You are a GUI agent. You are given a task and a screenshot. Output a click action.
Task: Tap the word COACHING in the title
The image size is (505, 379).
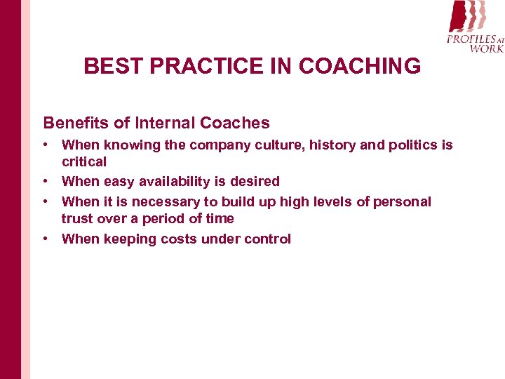click(x=360, y=67)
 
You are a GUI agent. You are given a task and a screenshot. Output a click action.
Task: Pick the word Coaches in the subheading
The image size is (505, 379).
click(x=235, y=123)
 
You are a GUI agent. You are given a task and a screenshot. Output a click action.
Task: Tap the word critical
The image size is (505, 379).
click(x=84, y=162)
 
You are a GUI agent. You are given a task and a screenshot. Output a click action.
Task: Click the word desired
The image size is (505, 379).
click(x=255, y=182)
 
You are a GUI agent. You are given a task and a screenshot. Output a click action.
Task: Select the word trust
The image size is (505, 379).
click(x=76, y=219)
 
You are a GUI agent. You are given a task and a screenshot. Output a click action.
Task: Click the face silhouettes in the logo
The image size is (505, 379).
click(x=466, y=15)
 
